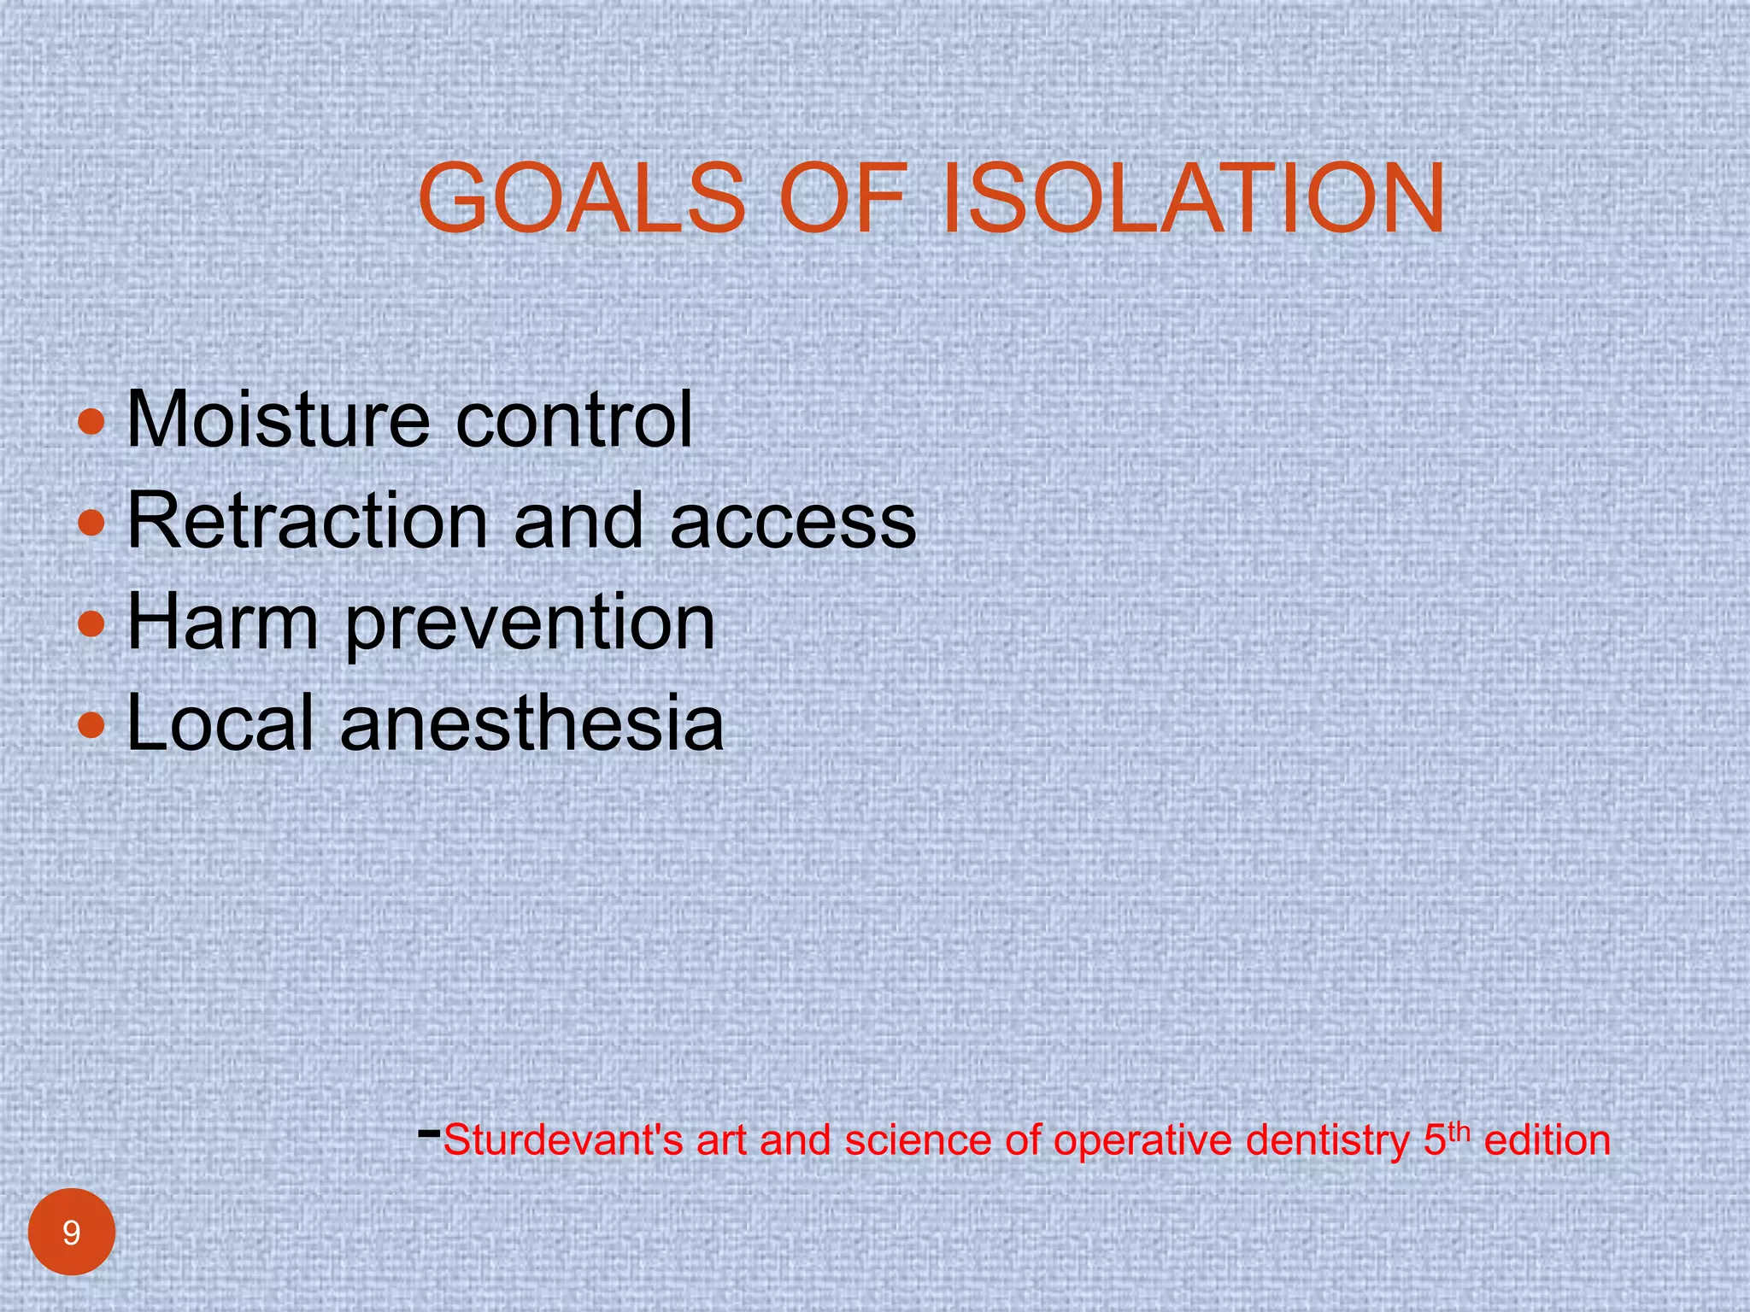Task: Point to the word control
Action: point(573,419)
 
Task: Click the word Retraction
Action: point(307,520)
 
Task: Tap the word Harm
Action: point(222,621)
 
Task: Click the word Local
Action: point(220,723)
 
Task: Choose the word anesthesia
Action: point(531,723)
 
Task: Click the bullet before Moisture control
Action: point(91,421)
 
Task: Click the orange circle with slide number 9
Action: point(72,1232)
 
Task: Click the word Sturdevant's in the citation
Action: point(563,1140)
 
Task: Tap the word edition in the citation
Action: point(1547,1140)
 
